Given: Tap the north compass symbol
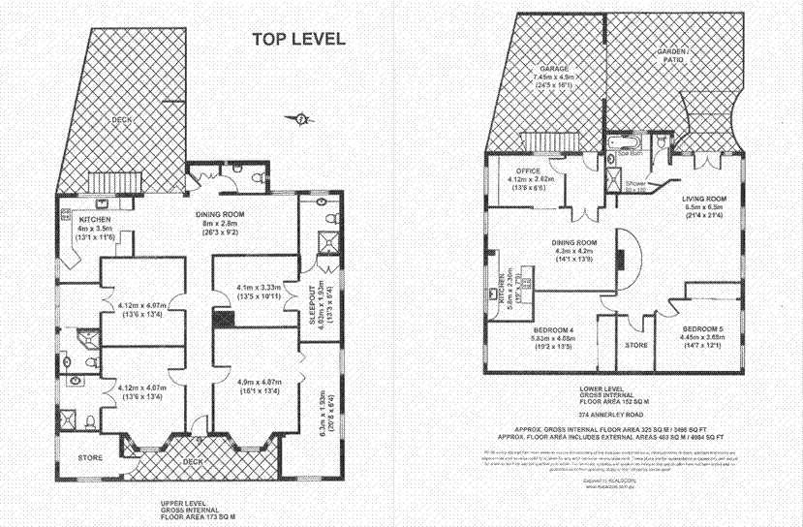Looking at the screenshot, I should point(301,119).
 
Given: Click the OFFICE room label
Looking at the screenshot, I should point(528,170).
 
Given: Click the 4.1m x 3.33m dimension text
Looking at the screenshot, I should point(258,288).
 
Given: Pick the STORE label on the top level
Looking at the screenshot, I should point(89,458).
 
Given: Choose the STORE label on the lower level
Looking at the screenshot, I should point(635,344).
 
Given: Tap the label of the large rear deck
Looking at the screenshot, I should point(120,119).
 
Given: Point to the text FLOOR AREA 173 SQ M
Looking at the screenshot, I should point(198,518).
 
